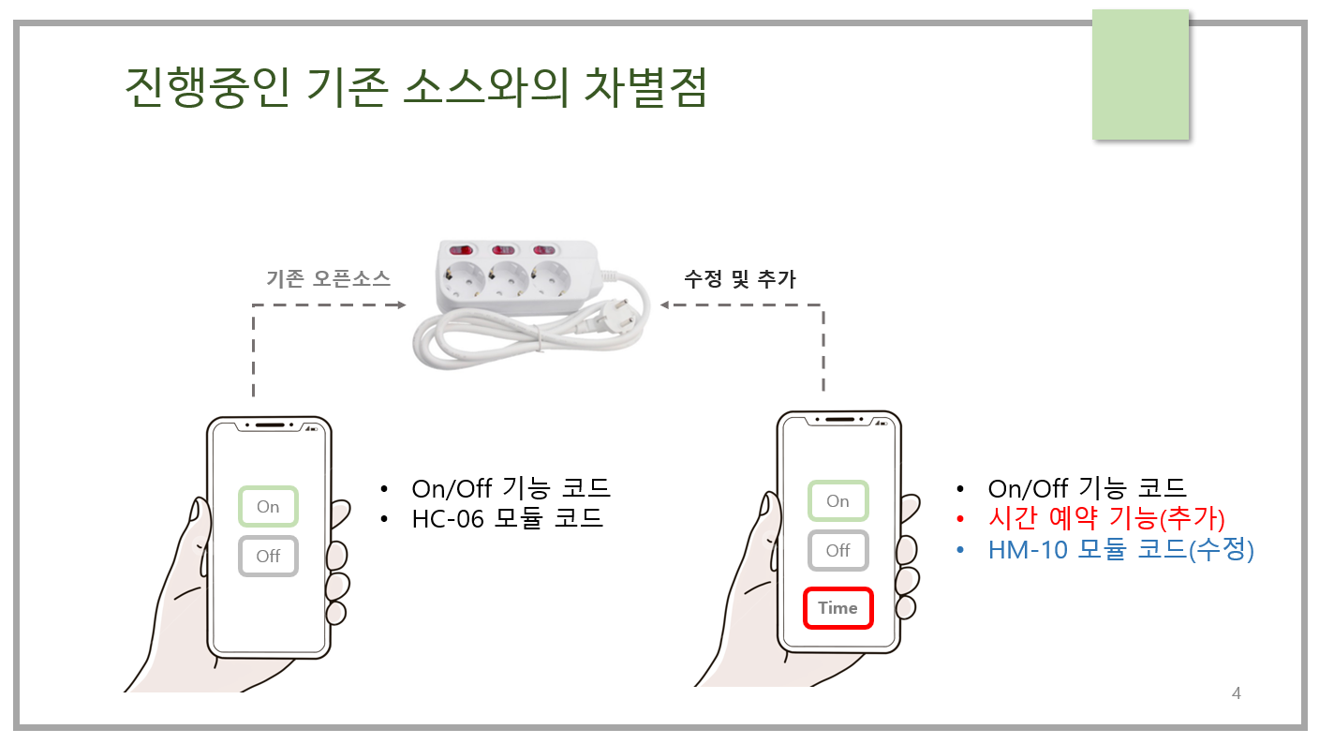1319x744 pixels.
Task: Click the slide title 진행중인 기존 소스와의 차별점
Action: tap(416, 87)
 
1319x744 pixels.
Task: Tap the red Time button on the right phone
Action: tap(837, 608)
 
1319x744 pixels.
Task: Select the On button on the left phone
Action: tap(268, 507)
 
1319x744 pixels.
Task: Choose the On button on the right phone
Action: tap(837, 500)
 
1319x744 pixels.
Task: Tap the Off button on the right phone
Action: tap(837, 550)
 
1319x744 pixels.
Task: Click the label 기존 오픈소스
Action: tap(329, 278)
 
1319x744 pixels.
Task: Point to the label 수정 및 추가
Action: tap(739, 278)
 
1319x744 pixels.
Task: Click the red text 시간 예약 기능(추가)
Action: tap(1106, 518)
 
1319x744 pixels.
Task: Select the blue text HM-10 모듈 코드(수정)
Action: tap(1120, 550)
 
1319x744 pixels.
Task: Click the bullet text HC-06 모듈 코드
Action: tap(507, 518)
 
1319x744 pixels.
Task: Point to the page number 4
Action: tap(1236, 692)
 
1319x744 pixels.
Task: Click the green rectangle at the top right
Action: tap(1141, 75)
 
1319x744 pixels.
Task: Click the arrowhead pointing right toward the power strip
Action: tap(402, 305)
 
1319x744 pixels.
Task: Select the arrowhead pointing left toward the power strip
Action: tap(665, 305)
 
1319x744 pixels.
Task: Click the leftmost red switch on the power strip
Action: tap(461, 250)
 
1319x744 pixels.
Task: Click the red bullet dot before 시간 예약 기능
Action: tap(960, 519)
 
